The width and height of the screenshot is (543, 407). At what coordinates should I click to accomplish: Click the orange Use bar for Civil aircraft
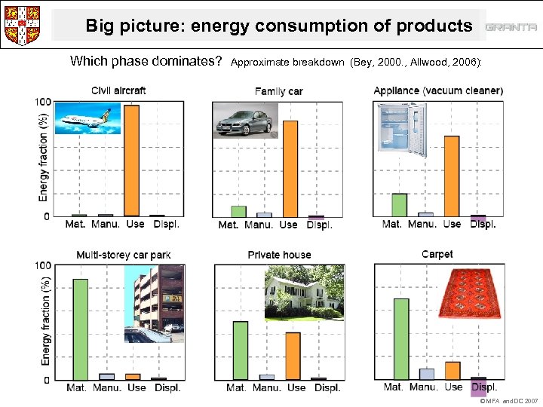[x=132, y=161]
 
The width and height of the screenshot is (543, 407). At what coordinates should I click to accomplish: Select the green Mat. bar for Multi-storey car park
[x=80, y=329]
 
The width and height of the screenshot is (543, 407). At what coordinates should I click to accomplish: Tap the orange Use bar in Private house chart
[x=293, y=356]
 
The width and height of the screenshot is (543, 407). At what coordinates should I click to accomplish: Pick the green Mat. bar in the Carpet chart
[x=400, y=338]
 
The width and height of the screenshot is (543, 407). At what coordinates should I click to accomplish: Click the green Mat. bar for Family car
[x=238, y=211]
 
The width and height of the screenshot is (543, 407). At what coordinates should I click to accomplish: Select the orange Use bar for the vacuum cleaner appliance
[x=452, y=176]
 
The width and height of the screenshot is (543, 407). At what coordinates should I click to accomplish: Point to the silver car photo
[x=245, y=120]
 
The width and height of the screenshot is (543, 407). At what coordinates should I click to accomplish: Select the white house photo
[x=303, y=295]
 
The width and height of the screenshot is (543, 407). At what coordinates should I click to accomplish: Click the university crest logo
[x=22, y=25]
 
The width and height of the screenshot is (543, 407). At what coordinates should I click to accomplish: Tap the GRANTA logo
[x=511, y=27]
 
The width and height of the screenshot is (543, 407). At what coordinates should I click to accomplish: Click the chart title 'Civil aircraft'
[x=118, y=90]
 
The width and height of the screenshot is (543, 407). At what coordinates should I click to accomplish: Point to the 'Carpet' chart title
[x=437, y=254]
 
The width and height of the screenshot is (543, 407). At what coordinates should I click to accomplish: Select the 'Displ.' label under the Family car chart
[x=319, y=225]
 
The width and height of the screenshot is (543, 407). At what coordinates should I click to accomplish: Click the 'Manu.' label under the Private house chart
[x=267, y=387]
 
